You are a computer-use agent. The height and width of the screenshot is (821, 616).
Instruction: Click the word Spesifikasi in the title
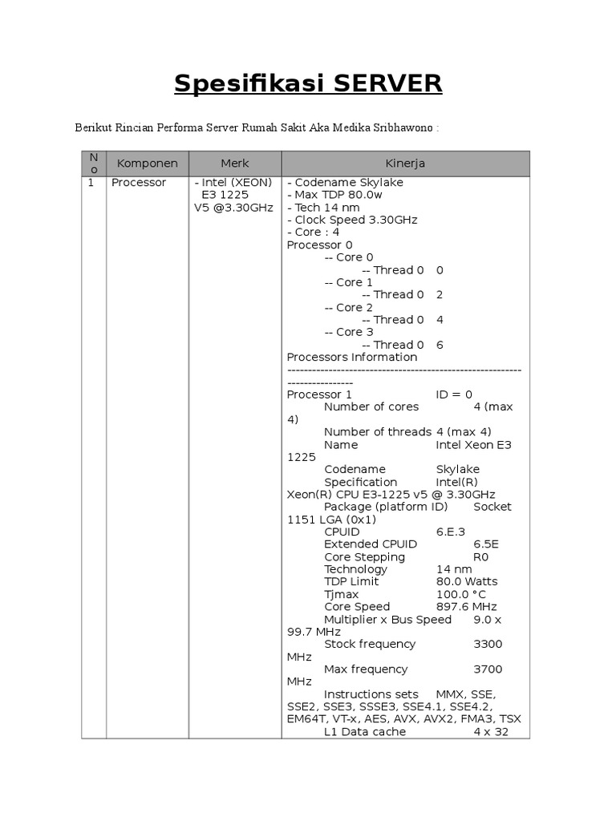[x=240, y=83]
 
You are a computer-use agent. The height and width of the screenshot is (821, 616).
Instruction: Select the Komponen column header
[x=148, y=164]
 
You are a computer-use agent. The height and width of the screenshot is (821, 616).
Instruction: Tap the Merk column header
[x=235, y=164]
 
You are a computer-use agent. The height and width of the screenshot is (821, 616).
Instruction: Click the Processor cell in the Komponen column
[x=139, y=183]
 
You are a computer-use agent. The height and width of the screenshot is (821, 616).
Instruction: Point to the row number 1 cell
[x=91, y=183]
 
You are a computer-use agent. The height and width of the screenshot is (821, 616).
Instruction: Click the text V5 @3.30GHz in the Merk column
[x=233, y=208]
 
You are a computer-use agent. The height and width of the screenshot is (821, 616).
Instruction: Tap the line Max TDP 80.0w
[x=338, y=195]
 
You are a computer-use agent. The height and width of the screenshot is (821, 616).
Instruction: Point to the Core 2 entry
[x=349, y=307]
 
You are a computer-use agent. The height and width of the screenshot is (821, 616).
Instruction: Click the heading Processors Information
[x=352, y=357]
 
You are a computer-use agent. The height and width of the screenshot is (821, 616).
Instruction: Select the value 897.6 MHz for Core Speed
[x=467, y=607]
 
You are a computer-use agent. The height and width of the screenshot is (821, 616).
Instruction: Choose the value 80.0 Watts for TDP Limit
[x=467, y=581]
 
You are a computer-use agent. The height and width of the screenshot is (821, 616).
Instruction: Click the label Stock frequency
[x=370, y=644]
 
